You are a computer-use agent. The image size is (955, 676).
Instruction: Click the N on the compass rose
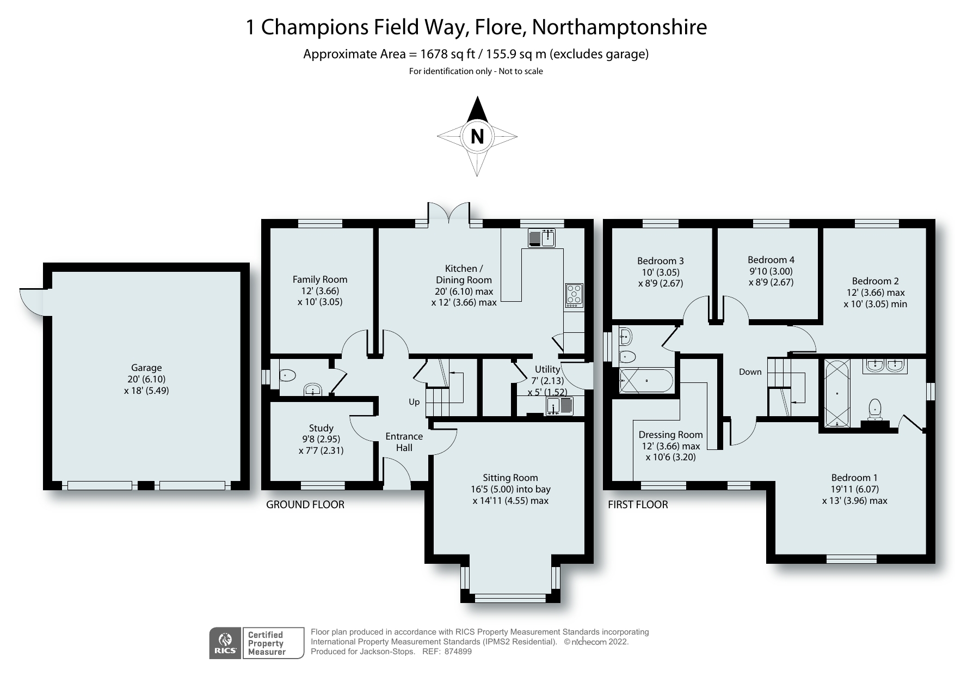tap(477, 136)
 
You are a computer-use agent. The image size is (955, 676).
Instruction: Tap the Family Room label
tap(319, 279)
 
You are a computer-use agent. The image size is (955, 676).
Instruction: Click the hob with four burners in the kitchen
tap(574, 295)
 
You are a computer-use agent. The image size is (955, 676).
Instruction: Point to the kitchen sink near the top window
tap(541, 237)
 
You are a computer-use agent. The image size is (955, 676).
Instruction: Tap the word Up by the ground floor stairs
tap(414, 402)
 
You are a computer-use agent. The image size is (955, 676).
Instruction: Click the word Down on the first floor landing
tap(750, 372)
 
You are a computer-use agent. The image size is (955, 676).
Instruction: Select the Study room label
tap(321, 428)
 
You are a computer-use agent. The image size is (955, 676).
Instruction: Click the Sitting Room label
tap(510, 478)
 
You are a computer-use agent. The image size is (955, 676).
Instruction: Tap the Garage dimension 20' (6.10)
tap(146, 379)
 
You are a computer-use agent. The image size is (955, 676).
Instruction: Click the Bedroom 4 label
tap(771, 260)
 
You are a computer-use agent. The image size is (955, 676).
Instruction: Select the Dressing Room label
tap(670, 435)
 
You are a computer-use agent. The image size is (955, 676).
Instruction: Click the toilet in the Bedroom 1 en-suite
tap(874, 409)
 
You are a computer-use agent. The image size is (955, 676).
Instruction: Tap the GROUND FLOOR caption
tap(305, 505)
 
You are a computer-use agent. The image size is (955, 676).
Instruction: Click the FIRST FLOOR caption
tap(638, 505)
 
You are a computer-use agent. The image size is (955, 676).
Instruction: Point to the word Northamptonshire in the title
tap(619, 27)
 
